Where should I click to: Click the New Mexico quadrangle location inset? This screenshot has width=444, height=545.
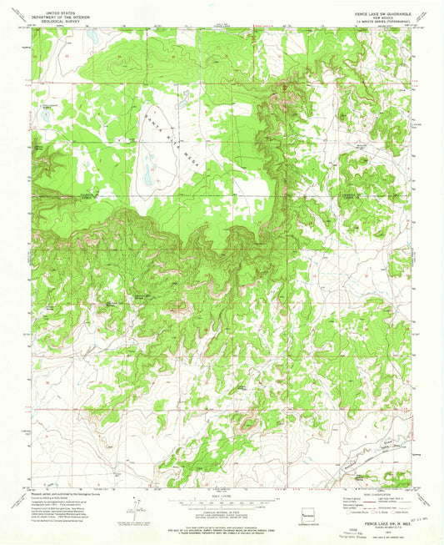click(309, 513)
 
